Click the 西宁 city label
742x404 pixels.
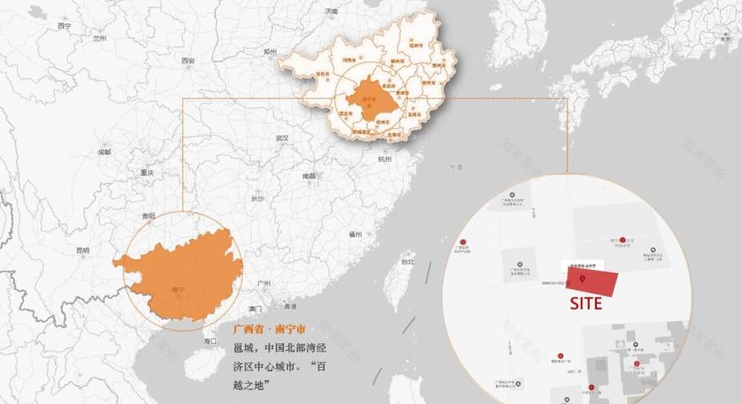click(64, 26)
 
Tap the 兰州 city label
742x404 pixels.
click(100, 38)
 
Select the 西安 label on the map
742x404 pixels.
click(187, 61)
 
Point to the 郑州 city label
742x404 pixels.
click(270, 51)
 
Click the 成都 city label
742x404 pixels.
click(104, 152)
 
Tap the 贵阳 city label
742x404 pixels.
click(148, 216)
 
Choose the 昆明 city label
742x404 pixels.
click(82, 250)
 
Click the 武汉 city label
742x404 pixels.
click(282, 137)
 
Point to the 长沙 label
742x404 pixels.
click(257, 199)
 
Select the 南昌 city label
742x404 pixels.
click(309, 176)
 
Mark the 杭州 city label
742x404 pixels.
click(384, 159)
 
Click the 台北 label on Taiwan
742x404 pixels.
click(407, 262)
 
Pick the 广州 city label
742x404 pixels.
click(264, 283)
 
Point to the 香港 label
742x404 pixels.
click(290, 306)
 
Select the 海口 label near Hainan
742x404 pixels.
click(210, 341)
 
